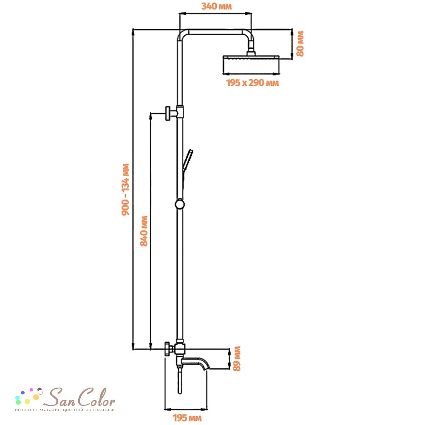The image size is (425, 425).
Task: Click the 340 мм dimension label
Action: coord(217,6)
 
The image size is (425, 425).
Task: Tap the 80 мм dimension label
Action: coord(300,44)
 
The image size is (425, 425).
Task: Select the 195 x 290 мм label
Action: coord(252,83)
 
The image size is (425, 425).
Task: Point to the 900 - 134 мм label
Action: coord(125,190)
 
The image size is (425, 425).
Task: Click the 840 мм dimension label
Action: coord(144,231)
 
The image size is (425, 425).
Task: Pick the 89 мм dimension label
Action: coord(237,359)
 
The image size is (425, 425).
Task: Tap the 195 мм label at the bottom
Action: coord(187,418)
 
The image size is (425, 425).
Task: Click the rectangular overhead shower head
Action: coord(251,65)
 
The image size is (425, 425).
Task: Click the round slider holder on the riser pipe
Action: coord(180,204)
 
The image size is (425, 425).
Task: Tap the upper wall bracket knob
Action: coord(167,113)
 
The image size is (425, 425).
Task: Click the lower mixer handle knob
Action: coord(168,349)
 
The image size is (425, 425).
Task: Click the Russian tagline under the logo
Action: coord(65,410)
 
